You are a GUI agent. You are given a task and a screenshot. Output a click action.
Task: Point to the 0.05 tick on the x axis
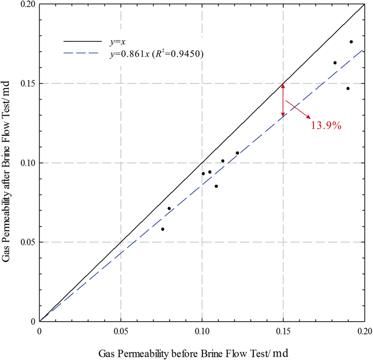click(x=121, y=332)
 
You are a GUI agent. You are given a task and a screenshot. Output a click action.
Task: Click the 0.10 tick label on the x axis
click(x=202, y=332)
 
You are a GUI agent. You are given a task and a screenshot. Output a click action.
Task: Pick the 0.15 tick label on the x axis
click(x=283, y=332)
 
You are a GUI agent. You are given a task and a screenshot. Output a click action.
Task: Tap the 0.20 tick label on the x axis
click(x=364, y=332)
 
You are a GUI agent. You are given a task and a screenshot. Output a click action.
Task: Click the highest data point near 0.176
click(x=351, y=42)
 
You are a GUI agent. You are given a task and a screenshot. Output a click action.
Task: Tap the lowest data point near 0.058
click(x=163, y=229)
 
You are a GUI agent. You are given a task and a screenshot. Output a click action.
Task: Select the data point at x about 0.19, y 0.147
click(x=348, y=89)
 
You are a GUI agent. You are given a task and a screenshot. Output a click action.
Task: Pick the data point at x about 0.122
click(x=237, y=153)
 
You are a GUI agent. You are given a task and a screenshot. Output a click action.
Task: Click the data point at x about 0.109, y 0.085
click(x=216, y=186)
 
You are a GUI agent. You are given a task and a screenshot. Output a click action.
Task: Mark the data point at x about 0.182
click(x=335, y=62)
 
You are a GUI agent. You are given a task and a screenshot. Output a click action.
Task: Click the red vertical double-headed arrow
click(x=283, y=100)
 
